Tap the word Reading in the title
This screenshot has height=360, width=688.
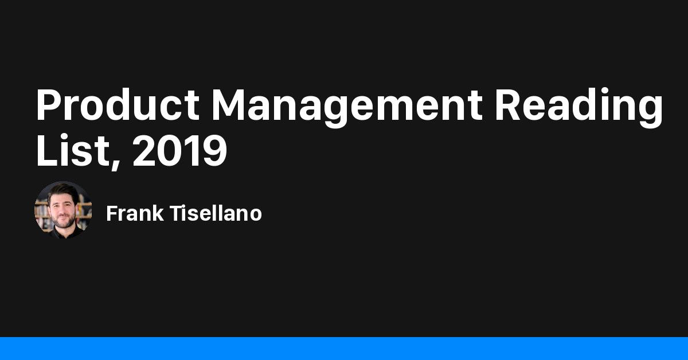pos(579,106)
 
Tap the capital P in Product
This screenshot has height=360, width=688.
pos(50,104)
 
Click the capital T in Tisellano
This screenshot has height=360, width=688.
pos(174,214)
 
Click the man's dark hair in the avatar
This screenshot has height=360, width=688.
pos(62,191)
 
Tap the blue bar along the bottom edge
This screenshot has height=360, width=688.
pos(344,349)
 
